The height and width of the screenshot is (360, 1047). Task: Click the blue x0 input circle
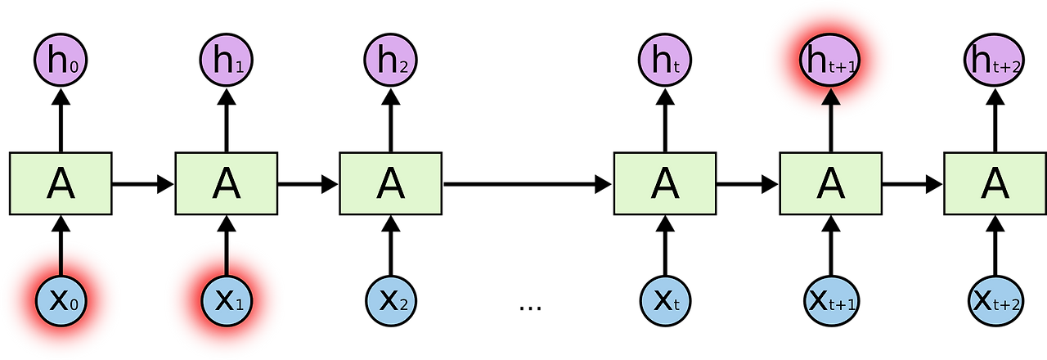tap(61, 300)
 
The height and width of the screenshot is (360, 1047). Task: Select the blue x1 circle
tap(226, 300)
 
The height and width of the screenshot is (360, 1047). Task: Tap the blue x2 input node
tap(390, 300)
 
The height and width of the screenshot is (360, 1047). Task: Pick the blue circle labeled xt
tap(664, 300)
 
